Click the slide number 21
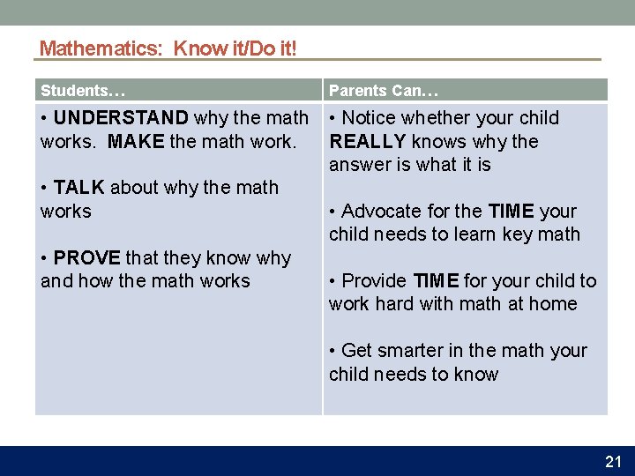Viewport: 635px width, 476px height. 613,461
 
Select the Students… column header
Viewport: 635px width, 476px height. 83,90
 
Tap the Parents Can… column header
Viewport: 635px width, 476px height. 384,90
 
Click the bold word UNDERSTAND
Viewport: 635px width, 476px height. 121,118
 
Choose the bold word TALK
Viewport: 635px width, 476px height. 78,188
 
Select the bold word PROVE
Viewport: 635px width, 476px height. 86,258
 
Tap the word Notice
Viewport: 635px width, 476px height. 370,118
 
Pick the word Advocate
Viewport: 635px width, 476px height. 383,212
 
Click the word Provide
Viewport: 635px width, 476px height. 374,281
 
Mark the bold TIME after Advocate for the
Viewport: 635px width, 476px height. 511,212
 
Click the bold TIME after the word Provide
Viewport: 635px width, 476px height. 435,281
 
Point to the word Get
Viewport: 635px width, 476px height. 357,351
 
